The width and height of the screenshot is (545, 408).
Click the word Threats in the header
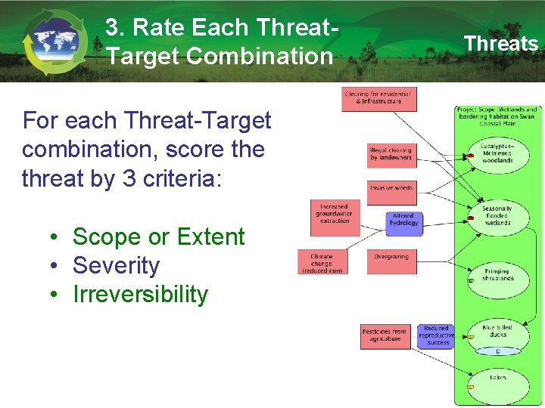(x=500, y=44)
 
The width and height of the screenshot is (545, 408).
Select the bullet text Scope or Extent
(x=158, y=237)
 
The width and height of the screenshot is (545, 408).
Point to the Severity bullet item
(x=116, y=266)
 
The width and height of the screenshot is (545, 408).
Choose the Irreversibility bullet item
(x=140, y=295)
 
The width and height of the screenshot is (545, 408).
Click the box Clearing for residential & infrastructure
(x=378, y=97)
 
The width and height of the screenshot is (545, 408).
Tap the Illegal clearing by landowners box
(x=391, y=154)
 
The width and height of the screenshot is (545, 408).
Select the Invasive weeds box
(x=391, y=188)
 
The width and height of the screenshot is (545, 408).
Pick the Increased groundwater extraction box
(x=334, y=213)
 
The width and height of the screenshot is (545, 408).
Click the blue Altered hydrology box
(x=403, y=219)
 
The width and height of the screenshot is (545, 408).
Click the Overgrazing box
(x=391, y=258)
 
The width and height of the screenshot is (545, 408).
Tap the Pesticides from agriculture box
(x=385, y=335)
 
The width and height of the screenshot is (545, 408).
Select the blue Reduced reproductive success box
(x=437, y=336)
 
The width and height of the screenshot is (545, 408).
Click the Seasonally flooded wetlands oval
(x=497, y=216)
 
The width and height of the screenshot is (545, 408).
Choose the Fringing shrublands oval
(x=497, y=275)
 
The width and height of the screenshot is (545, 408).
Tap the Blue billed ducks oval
(x=497, y=332)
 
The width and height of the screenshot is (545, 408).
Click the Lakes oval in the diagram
(x=497, y=379)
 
